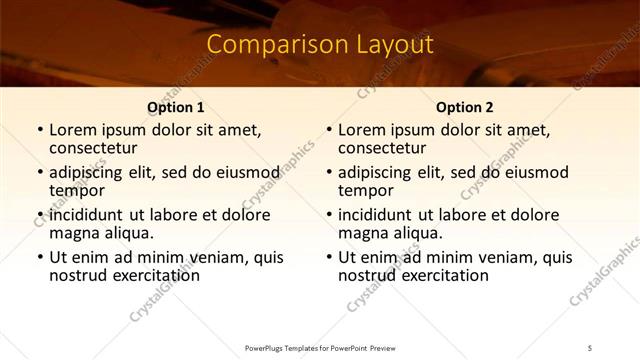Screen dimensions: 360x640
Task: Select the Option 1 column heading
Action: [176, 108]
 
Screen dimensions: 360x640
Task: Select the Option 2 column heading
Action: [465, 108]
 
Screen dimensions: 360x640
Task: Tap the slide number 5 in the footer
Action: [590, 347]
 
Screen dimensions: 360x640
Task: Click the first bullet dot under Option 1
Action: [39, 130]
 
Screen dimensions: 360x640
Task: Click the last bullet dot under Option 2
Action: [328, 257]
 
